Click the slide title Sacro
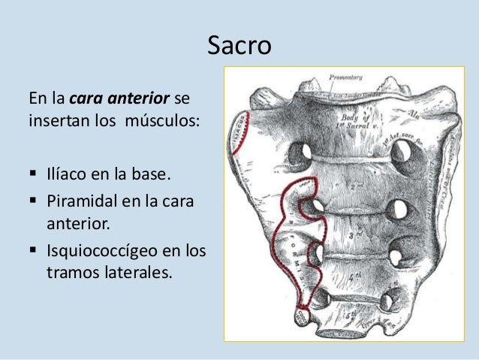pos(239,47)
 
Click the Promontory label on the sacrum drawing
pos(346,77)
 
